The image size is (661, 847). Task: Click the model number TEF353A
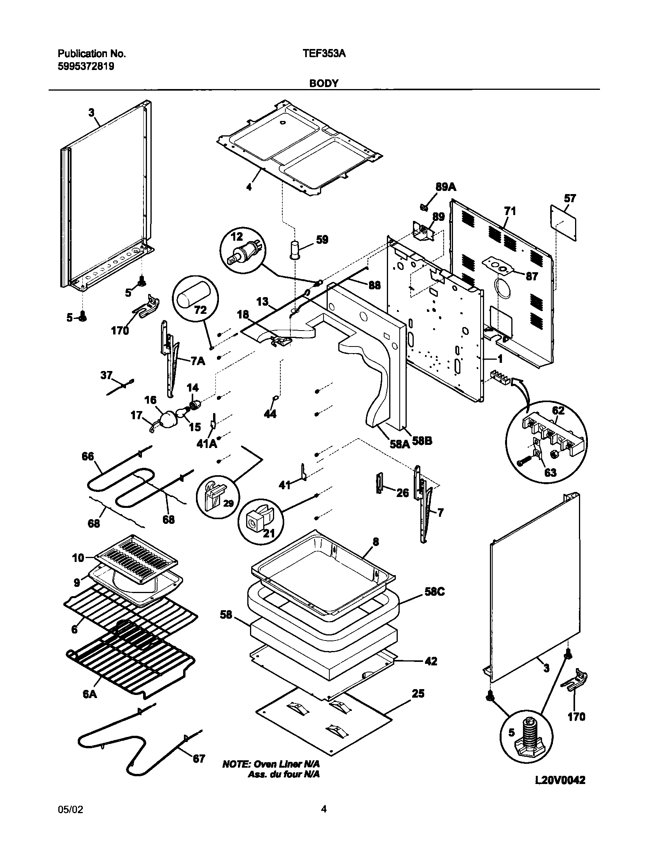click(324, 54)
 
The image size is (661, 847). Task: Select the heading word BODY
click(324, 83)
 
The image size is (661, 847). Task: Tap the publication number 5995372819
click(86, 66)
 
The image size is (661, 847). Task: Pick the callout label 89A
click(446, 187)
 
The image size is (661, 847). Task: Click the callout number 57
click(570, 199)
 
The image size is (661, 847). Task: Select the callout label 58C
click(434, 592)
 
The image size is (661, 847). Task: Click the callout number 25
click(418, 694)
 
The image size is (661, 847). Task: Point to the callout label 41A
click(207, 443)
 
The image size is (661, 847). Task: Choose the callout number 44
click(270, 414)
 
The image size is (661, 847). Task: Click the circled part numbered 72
click(195, 299)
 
